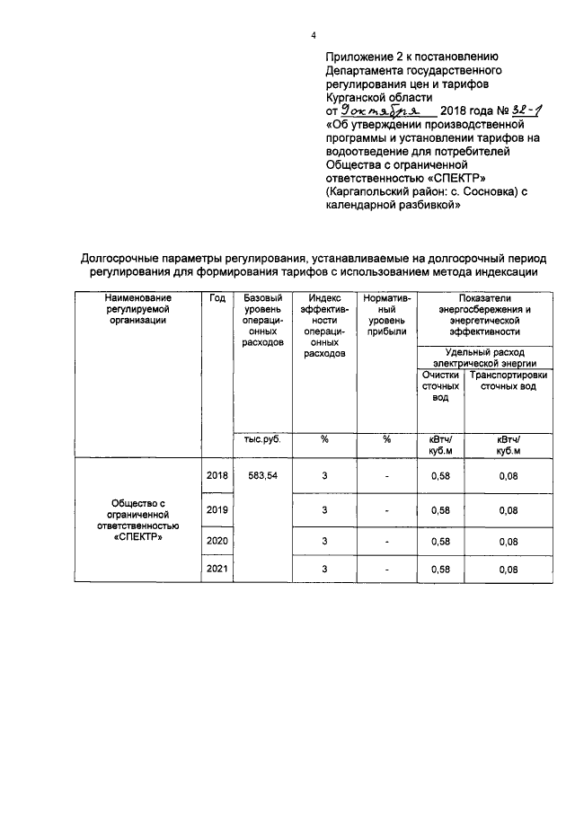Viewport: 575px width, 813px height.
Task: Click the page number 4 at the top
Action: point(314,36)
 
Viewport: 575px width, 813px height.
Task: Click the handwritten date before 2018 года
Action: point(387,109)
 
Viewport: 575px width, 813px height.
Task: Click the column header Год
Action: point(217,298)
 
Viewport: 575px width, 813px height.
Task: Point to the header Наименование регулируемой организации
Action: point(137,309)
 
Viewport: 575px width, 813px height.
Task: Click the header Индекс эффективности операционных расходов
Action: point(323,325)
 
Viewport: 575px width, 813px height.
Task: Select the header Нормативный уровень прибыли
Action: point(386,314)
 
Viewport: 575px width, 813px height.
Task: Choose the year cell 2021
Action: point(217,569)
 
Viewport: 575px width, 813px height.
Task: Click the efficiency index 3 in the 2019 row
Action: point(323,509)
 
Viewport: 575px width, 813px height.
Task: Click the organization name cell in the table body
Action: point(137,521)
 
